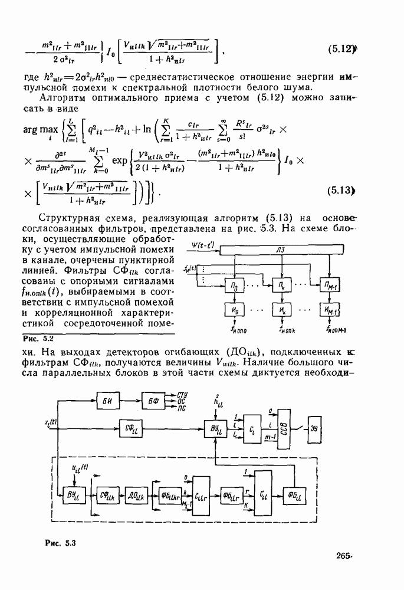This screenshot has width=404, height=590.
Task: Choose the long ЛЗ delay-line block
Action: [x=283, y=251]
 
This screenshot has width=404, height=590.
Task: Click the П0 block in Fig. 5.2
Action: [x=234, y=286]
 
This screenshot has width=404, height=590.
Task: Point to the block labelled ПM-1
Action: [x=329, y=286]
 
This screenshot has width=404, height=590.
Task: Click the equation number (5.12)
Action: [x=341, y=50]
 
